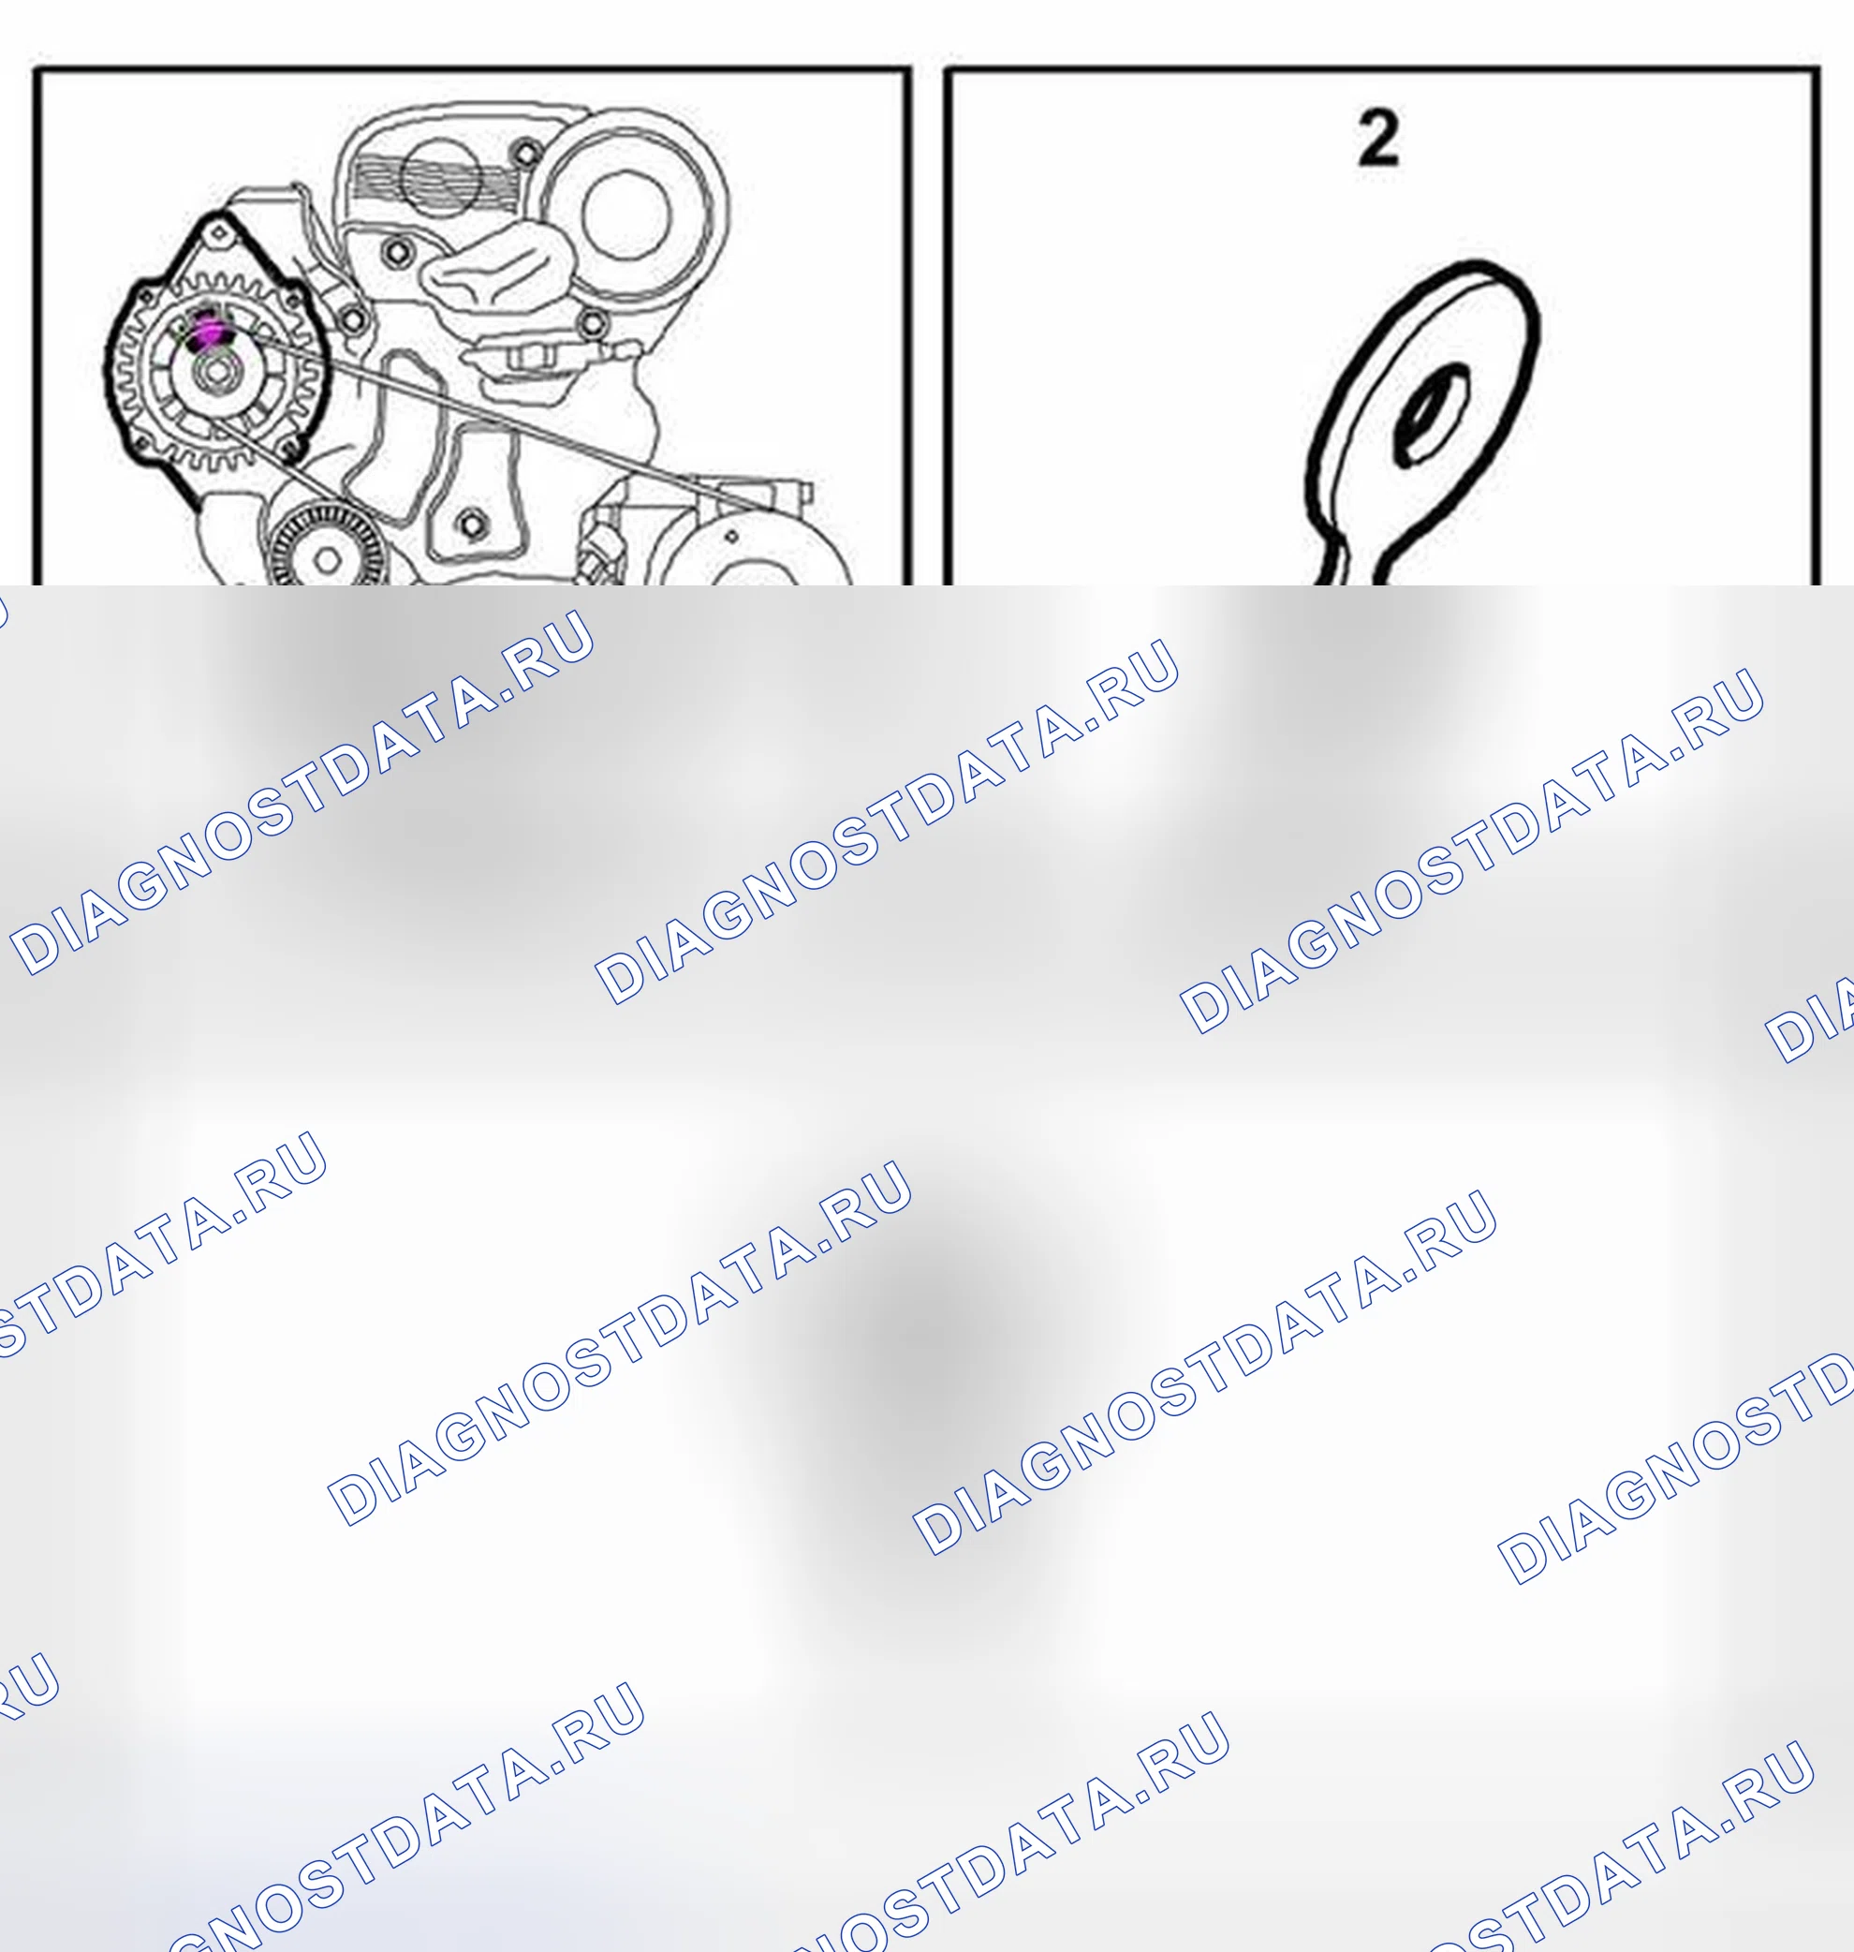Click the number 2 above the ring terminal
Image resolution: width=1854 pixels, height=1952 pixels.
(x=1378, y=138)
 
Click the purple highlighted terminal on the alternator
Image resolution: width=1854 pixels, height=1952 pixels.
(x=208, y=331)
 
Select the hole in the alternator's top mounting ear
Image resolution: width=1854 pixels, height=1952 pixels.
(x=219, y=233)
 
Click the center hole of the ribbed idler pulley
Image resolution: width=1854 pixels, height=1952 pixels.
(x=327, y=561)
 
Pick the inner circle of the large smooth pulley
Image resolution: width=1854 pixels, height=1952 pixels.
(x=626, y=214)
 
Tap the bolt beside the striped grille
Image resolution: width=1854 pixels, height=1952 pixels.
(x=527, y=152)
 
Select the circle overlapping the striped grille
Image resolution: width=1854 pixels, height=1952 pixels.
(x=441, y=179)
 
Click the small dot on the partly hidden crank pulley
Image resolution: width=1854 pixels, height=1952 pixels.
(x=731, y=537)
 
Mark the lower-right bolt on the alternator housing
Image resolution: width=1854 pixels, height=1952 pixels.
(x=290, y=451)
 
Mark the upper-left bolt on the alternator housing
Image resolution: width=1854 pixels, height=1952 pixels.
(x=147, y=296)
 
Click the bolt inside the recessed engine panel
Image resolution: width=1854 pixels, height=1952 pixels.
(x=471, y=524)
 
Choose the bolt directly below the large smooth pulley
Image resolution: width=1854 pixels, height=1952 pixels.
(x=592, y=322)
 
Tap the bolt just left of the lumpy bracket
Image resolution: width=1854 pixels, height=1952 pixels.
(x=396, y=252)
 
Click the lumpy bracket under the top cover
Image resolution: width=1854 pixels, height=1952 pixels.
(x=494, y=262)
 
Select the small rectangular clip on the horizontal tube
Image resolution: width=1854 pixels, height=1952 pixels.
(x=529, y=355)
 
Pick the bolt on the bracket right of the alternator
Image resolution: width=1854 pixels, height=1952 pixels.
(x=353, y=319)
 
